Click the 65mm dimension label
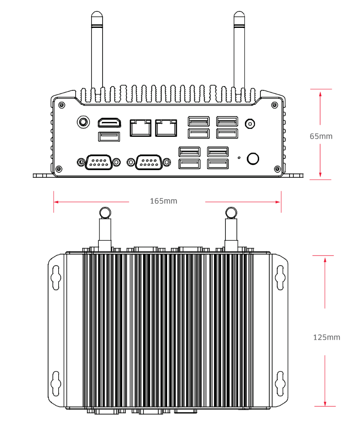point(321,136)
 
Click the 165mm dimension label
point(164,201)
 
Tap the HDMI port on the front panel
point(109,123)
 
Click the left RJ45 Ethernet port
point(141,127)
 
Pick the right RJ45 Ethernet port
point(166,127)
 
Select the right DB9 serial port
point(149,162)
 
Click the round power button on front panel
point(253,158)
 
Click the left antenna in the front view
point(97,51)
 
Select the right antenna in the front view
point(239,51)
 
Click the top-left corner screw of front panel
point(62,104)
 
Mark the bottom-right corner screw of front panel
point(277,169)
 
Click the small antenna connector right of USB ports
point(250,124)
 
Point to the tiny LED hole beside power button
point(239,157)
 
